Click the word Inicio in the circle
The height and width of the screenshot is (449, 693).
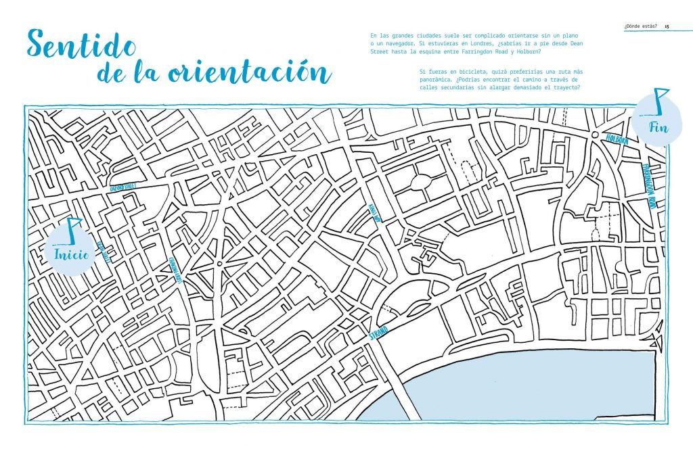70,255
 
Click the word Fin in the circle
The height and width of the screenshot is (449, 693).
656,126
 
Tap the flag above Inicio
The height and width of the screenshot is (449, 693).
72,228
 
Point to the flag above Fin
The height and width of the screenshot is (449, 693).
659,99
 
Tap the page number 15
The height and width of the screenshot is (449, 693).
667,27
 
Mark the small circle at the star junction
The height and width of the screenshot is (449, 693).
219,262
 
